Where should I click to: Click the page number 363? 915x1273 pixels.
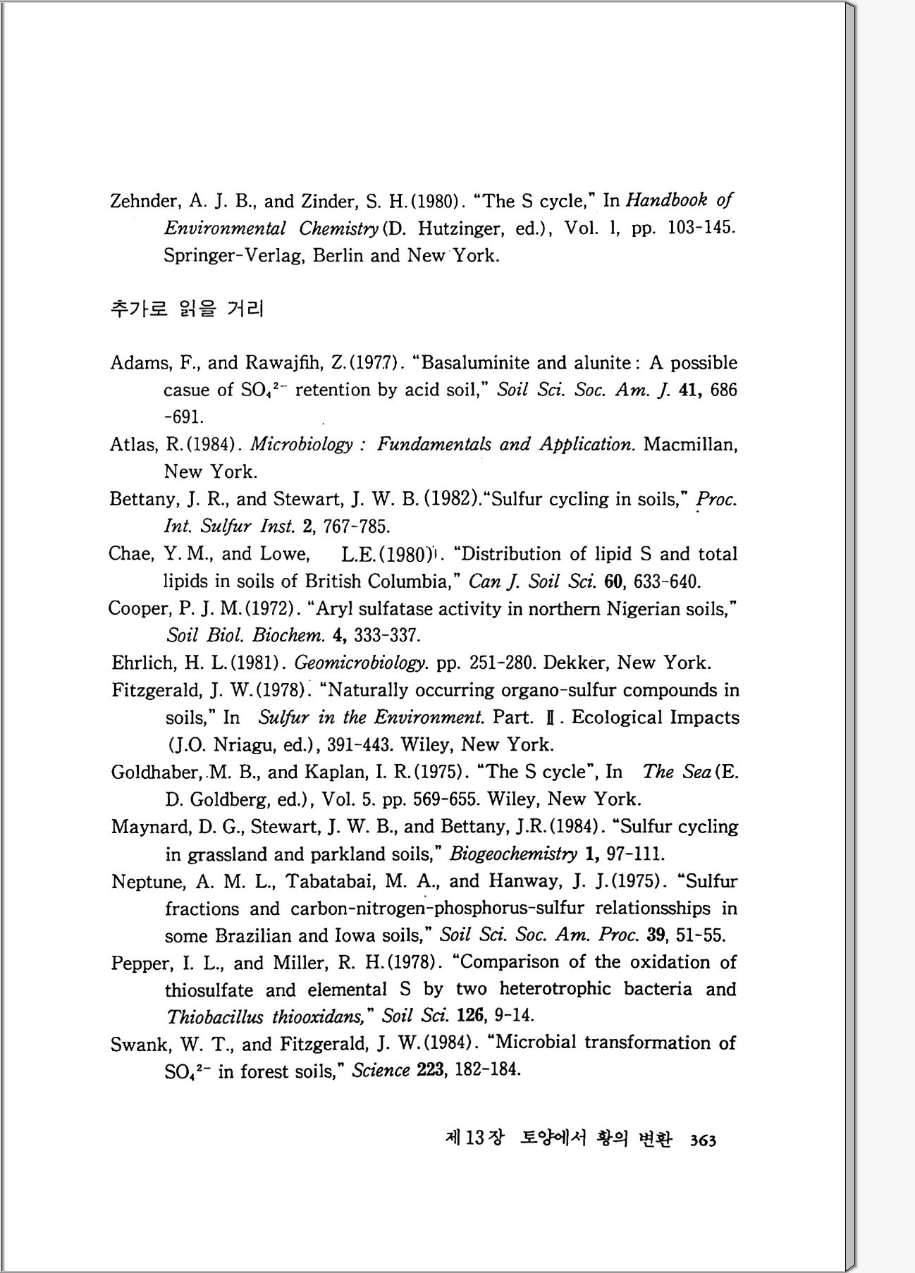704,1140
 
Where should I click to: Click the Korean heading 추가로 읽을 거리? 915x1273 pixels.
187,308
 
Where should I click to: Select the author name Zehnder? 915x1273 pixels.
144,202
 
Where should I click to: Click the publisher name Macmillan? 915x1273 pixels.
690,445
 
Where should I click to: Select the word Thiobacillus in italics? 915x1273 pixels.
215,1016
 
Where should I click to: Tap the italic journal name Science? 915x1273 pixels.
381,1071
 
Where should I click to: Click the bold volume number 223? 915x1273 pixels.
429,1070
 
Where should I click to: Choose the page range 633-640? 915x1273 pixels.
667,582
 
